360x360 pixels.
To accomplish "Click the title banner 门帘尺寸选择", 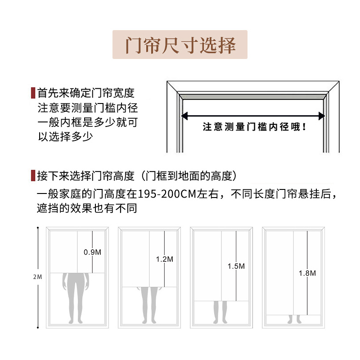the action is pyautogui.click(x=180, y=45).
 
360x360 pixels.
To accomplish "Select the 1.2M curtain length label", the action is pyautogui.click(x=164, y=259).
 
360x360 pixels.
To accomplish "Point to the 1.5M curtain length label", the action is pyautogui.click(x=236, y=266).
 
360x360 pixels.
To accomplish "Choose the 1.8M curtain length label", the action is pyautogui.click(x=307, y=273).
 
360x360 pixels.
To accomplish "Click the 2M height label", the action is pyautogui.click(x=37, y=277).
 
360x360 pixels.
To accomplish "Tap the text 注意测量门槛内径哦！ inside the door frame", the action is pyautogui.click(x=254, y=127).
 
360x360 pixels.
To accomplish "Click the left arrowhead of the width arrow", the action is pyautogui.click(x=184, y=116).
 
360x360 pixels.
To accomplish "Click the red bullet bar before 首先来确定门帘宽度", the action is pyautogui.click(x=32, y=93).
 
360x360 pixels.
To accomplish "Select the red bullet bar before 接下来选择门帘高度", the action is pyautogui.click(x=32, y=175).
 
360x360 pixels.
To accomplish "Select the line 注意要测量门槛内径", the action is pyautogui.click(x=88, y=108).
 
